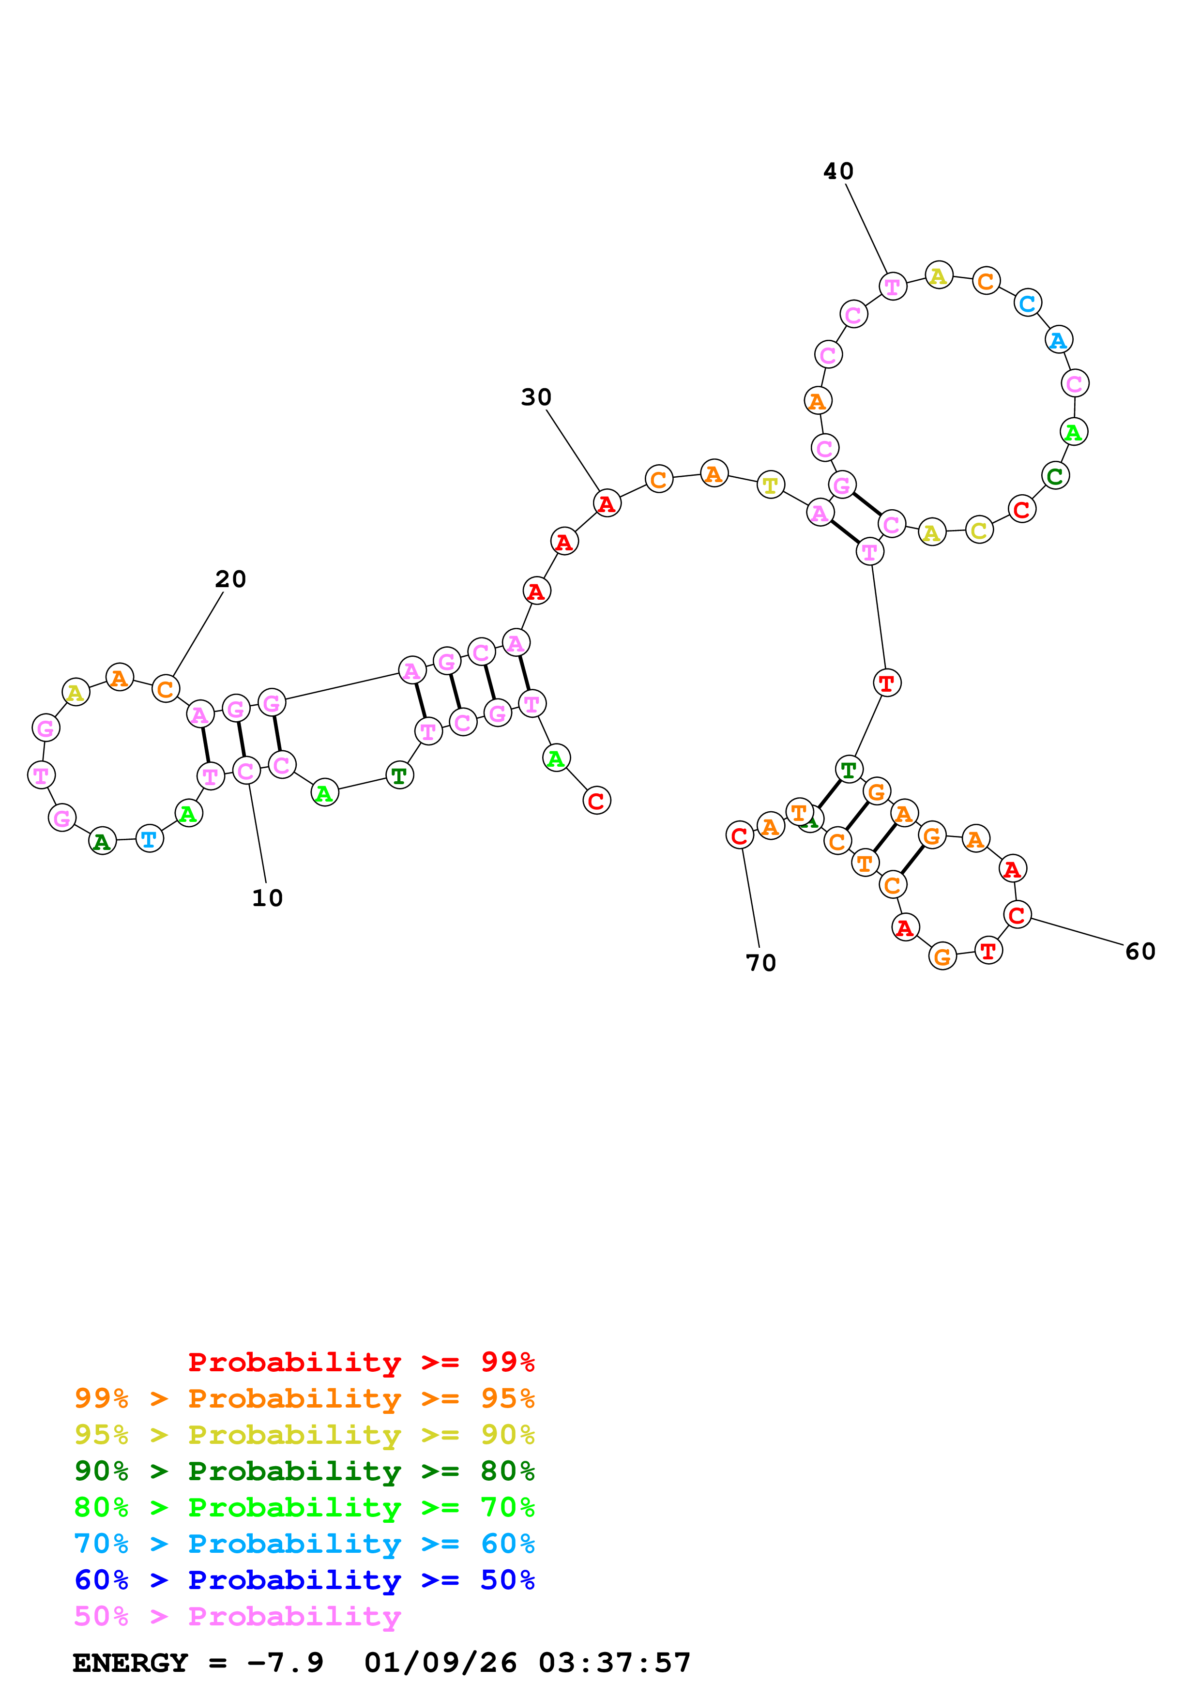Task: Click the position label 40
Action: click(838, 171)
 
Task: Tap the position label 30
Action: click(536, 398)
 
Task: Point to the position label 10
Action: click(267, 898)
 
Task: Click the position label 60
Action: click(1139, 951)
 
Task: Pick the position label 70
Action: click(761, 963)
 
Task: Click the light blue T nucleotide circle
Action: click(150, 839)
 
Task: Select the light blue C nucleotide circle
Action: click(1027, 303)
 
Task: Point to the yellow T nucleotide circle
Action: click(771, 485)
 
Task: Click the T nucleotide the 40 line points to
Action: click(893, 286)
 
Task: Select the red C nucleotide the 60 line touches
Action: click(1018, 915)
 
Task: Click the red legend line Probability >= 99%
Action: click(361, 1362)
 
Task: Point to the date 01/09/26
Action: click(440, 1663)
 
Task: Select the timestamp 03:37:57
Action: click(614, 1663)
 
